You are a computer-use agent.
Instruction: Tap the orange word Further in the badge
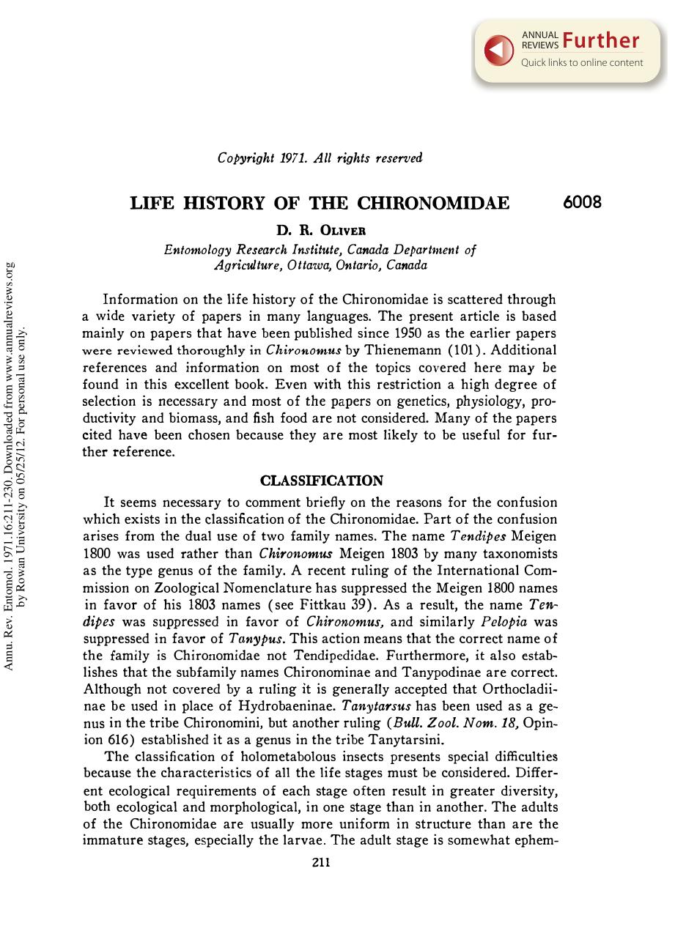tap(601, 41)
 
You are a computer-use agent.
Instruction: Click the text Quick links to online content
tap(582, 63)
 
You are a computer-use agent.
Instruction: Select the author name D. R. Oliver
tap(320, 231)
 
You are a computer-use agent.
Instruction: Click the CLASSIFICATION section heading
tap(322, 481)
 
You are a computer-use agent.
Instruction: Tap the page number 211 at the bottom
tap(321, 862)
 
